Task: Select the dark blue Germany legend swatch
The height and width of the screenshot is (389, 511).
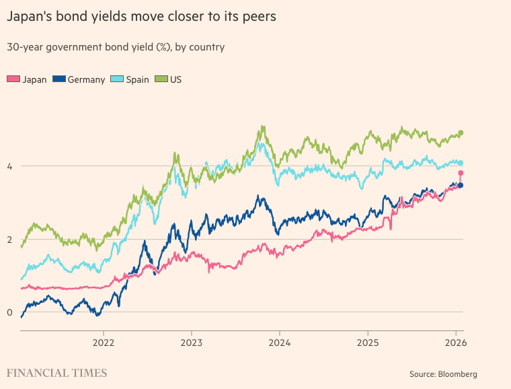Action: pyautogui.click(x=59, y=79)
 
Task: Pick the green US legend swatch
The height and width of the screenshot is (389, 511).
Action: pyautogui.click(x=161, y=79)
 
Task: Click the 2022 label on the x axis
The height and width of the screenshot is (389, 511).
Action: pyautogui.click(x=104, y=342)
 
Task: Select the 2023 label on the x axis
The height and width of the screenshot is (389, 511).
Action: pyautogui.click(x=192, y=342)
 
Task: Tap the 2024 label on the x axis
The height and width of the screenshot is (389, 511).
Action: pyautogui.click(x=280, y=342)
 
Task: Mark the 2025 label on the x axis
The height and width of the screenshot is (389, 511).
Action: pyautogui.click(x=368, y=342)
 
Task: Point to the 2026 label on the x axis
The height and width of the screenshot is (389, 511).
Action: pyautogui.click(x=455, y=342)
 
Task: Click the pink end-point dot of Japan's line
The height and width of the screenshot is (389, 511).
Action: pyautogui.click(x=461, y=173)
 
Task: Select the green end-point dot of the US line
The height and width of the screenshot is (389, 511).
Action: pyautogui.click(x=461, y=133)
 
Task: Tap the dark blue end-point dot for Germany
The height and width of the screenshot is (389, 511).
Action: pyautogui.click(x=461, y=185)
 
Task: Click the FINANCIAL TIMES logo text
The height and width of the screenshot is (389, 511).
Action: pyautogui.click(x=56, y=372)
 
